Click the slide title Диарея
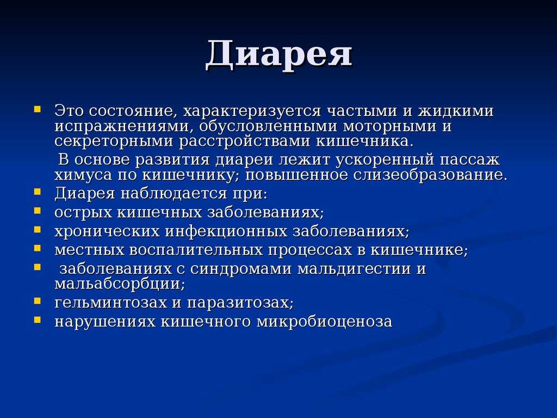coord(279,54)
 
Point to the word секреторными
coord(114,142)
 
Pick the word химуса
coord(83,176)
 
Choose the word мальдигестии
coord(354,269)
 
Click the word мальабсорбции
coord(120,284)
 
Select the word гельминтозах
coord(110,303)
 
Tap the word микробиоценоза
coord(324,322)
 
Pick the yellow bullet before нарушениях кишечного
coord(38,319)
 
